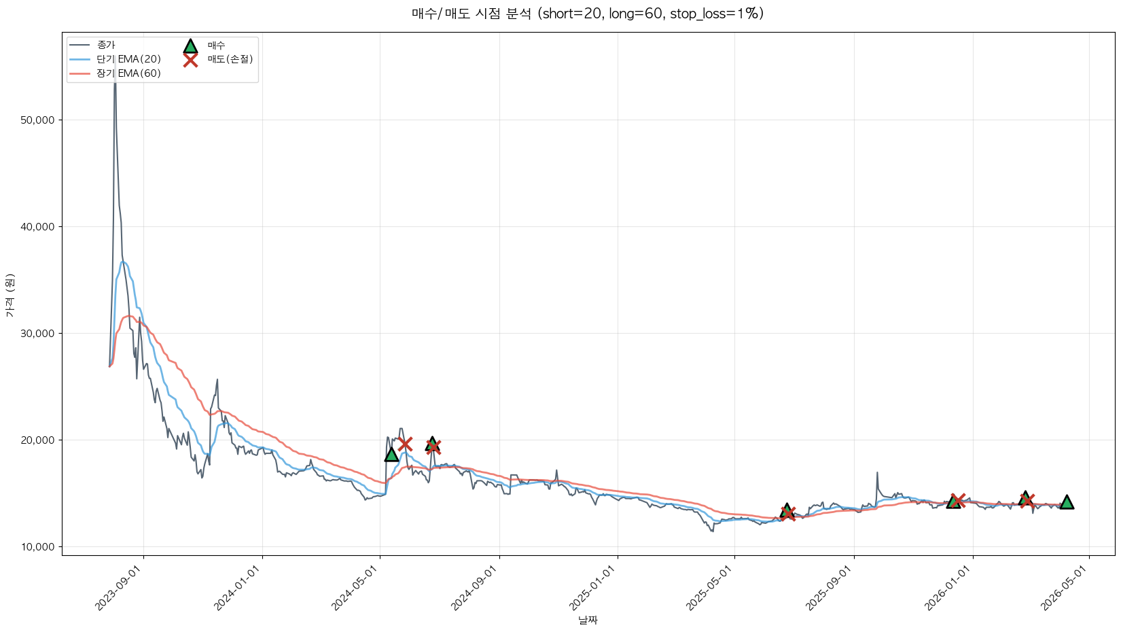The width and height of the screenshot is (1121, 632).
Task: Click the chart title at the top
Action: coord(587,14)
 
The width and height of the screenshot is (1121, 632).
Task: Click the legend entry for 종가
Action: coord(106,45)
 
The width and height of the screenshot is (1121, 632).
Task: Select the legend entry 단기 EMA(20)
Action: coord(128,59)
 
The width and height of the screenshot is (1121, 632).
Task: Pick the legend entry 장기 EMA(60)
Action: coord(128,73)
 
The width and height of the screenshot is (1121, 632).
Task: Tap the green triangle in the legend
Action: coord(190,46)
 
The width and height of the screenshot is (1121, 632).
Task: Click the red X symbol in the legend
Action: coord(190,60)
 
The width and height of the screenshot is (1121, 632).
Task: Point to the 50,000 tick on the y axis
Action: coord(38,120)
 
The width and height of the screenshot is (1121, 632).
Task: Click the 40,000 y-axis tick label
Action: coord(38,227)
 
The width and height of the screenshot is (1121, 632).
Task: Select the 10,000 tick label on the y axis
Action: coord(38,547)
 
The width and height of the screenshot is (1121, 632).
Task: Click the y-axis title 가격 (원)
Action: coord(10,295)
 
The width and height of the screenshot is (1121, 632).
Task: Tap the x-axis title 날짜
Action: coord(588,620)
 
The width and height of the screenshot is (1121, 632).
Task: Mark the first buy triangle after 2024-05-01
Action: coord(391,455)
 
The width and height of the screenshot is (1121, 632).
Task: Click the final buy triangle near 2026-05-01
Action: coord(1067,502)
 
